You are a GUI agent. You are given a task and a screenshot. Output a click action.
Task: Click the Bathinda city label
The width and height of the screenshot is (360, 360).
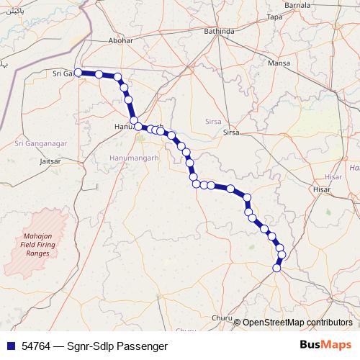[219, 32]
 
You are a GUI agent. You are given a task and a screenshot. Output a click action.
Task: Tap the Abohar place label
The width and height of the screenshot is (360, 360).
[120, 40]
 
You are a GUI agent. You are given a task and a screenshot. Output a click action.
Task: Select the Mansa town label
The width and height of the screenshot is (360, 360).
[278, 63]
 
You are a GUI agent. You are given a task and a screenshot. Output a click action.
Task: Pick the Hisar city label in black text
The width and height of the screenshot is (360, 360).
[322, 189]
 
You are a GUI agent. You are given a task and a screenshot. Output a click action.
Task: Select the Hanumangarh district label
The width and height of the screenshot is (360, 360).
[133, 157]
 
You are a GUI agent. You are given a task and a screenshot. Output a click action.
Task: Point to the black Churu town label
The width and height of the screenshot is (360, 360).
[223, 318]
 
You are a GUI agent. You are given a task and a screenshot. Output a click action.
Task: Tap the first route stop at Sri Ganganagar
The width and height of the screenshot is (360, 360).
[78, 73]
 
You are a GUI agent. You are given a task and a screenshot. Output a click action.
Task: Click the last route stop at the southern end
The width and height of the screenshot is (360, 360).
[276, 269]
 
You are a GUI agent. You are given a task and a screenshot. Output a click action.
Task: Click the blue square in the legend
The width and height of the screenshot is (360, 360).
[11, 346]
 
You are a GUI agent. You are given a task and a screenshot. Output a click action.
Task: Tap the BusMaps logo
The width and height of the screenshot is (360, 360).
[325, 345]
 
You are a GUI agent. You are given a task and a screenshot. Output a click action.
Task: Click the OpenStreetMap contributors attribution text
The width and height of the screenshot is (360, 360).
[297, 322]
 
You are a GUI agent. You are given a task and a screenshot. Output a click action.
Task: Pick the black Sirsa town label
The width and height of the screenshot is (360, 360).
[231, 132]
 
